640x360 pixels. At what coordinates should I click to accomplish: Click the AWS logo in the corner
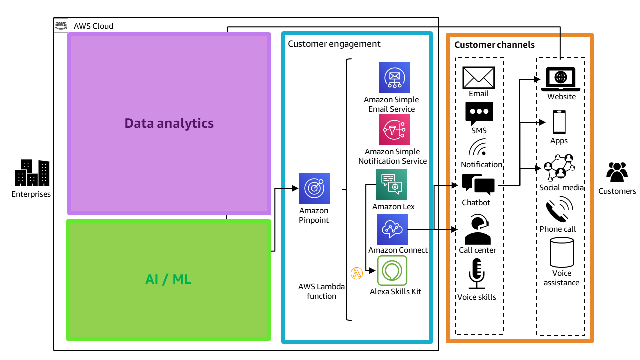[61, 25]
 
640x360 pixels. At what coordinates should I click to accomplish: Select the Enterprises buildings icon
[32, 173]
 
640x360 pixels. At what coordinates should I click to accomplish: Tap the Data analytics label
[169, 123]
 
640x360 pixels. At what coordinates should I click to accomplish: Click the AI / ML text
[168, 279]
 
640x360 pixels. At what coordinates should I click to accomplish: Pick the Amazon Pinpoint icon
[314, 188]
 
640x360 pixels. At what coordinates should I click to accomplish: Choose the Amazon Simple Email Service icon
[394, 78]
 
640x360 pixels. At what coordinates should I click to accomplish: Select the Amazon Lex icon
[392, 184]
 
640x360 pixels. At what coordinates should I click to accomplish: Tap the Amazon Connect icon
[392, 229]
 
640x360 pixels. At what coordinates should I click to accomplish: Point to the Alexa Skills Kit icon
[392, 271]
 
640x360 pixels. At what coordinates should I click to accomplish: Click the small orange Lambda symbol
[356, 273]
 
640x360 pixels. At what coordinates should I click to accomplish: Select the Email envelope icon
[478, 78]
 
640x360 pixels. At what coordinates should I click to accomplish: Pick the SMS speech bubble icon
[479, 113]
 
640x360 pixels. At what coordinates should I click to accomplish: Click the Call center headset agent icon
[477, 230]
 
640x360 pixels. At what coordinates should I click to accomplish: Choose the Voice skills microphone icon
[477, 273]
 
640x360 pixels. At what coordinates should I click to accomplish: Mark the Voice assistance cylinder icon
[561, 253]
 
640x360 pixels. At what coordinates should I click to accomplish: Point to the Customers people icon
[617, 173]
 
